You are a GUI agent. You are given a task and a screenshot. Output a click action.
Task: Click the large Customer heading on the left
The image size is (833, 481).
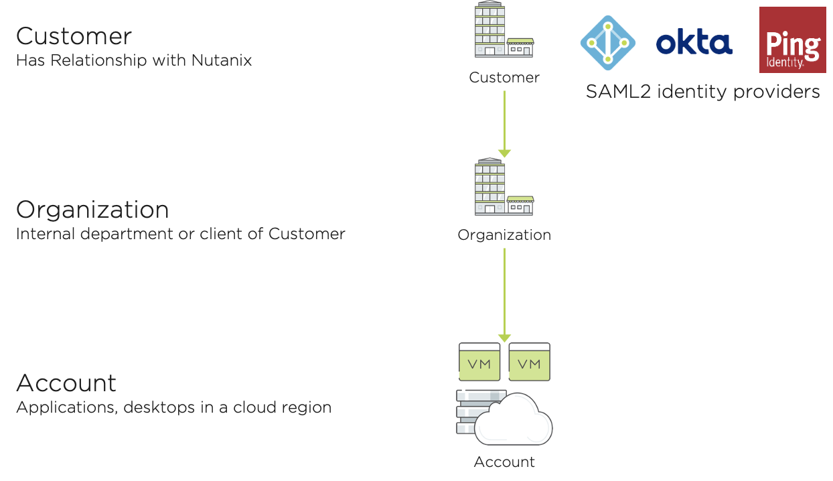(x=74, y=36)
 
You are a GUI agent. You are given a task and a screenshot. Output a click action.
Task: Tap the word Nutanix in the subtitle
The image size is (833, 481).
(x=222, y=60)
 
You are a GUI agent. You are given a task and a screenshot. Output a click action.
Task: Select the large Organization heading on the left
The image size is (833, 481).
(x=92, y=210)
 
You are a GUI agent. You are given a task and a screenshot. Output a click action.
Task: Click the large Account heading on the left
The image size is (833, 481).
(x=66, y=383)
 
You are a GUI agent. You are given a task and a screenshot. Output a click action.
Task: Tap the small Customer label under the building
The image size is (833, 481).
(x=504, y=78)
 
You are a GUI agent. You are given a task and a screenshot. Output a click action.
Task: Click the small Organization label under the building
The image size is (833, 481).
(x=504, y=235)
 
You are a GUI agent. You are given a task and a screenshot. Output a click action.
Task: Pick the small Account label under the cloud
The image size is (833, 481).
(x=504, y=462)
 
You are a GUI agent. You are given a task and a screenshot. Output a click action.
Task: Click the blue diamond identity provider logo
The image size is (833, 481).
(x=607, y=42)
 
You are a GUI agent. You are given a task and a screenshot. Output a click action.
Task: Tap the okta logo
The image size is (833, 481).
(x=693, y=44)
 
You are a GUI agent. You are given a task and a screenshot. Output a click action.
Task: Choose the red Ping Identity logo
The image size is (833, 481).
(x=792, y=40)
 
